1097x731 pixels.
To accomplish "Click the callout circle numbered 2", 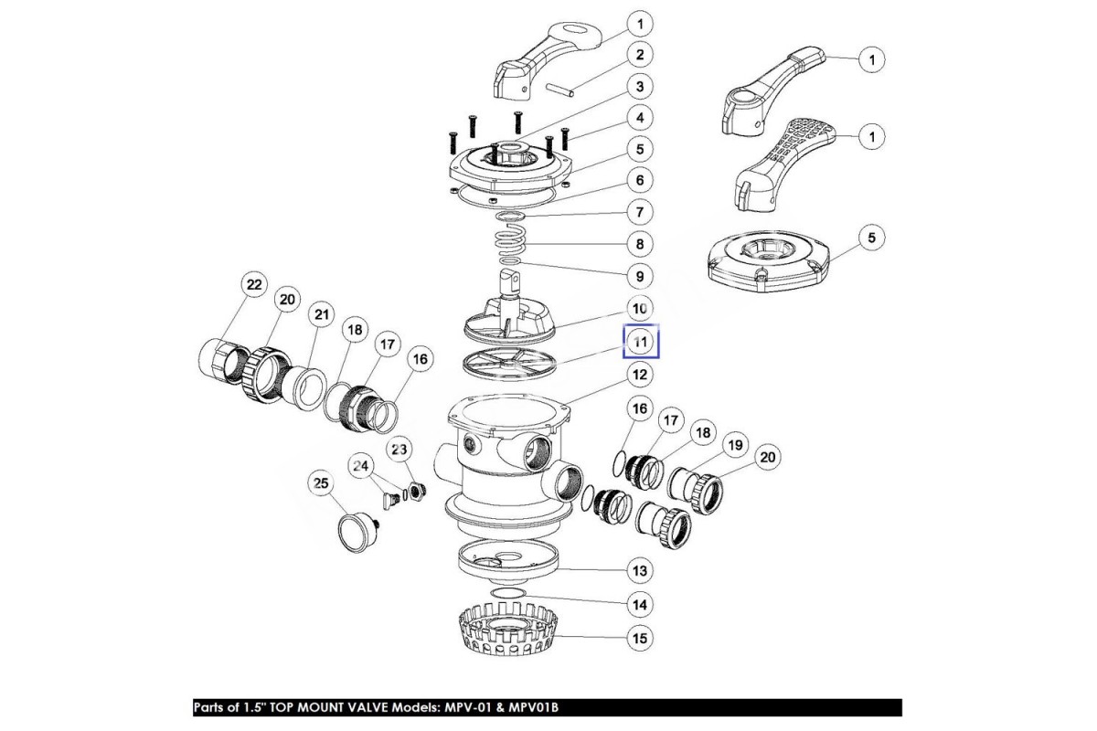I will tap(640, 55).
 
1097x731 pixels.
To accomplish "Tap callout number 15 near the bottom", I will tap(640, 638).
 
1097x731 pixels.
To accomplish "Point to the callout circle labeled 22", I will tap(254, 286).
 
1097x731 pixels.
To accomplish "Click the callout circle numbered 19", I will tap(733, 446).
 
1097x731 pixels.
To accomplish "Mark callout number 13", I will tap(640, 571).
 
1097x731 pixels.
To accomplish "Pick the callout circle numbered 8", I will tap(640, 244).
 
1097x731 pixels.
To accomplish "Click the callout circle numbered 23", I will tap(399, 449).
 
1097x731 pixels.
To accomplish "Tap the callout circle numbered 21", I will tap(320, 315).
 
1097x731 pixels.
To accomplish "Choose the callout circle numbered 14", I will tap(640, 604).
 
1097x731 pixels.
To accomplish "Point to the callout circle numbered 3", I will tap(640, 87).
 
